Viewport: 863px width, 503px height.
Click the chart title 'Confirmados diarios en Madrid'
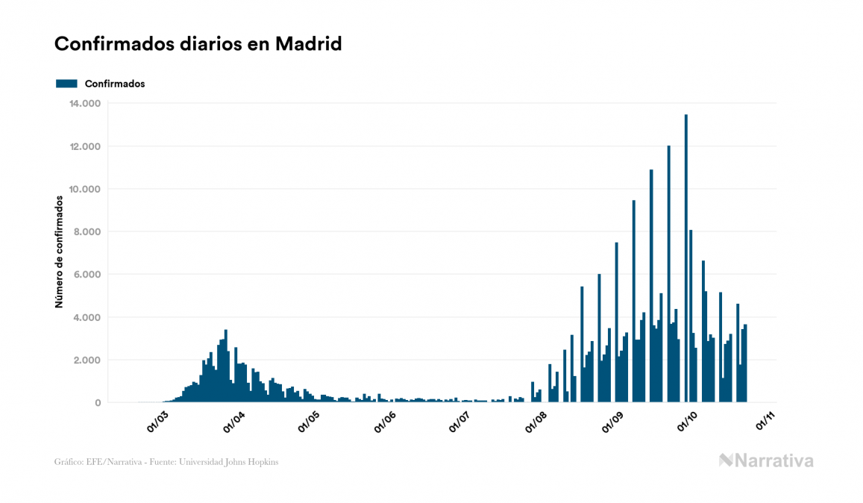[x=198, y=44]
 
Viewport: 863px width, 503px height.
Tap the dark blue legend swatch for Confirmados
[x=66, y=84]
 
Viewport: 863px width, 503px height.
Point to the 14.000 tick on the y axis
[x=84, y=103]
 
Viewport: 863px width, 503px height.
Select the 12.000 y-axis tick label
[x=84, y=146]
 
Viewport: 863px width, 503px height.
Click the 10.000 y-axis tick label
[x=84, y=189]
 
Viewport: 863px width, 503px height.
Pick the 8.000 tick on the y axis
[x=87, y=232]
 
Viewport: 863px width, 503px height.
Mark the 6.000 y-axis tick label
[x=87, y=275]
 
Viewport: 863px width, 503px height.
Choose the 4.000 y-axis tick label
[x=87, y=317]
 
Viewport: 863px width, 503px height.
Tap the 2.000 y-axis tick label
[x=87, y=360]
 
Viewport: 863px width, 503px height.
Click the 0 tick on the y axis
[x=97, y=403]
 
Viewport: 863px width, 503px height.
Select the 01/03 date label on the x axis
[x=157, y=422]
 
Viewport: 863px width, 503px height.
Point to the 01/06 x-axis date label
[x=385, y=422]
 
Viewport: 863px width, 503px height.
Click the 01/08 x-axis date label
[x=536, y=422]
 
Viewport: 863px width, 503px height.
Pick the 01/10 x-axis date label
[x=688, y=422]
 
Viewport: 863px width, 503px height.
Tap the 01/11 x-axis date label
[x=765, y=422]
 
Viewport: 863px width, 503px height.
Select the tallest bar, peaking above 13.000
[x=686, y=261]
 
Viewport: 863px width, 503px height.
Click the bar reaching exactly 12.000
[x=668, y=276]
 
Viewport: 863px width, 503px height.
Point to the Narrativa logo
[x=766, y=460]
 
